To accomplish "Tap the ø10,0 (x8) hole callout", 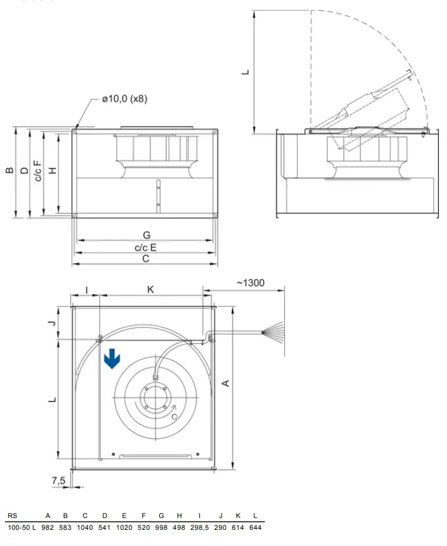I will (124, 99).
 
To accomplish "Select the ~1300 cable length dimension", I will (250, 283).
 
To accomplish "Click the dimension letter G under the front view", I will (146, 235).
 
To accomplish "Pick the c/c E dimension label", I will (146, 248).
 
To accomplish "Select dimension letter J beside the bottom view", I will (53, 322).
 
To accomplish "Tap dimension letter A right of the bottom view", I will (226, 383).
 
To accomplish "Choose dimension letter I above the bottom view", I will (86, 289).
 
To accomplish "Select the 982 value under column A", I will (48, 527).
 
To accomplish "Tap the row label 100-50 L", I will (21, 527).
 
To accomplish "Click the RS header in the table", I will (12, 516).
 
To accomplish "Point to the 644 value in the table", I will (255, 527).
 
